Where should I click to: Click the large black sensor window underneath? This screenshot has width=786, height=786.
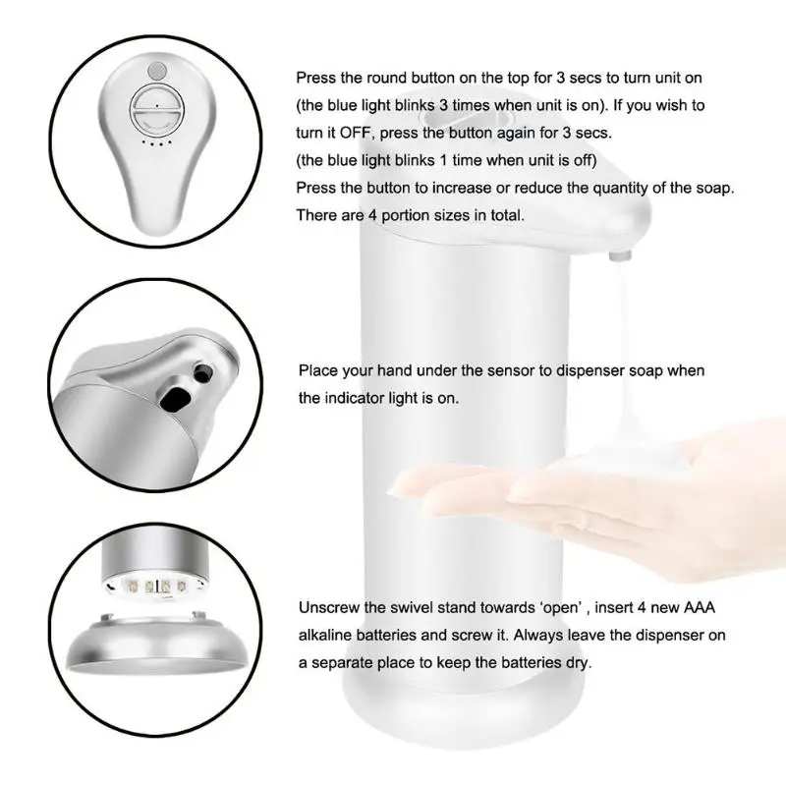(x=177, y=398)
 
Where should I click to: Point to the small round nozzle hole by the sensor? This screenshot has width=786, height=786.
(x=203, y=372)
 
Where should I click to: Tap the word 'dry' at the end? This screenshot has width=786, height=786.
(x=578, y=663)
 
